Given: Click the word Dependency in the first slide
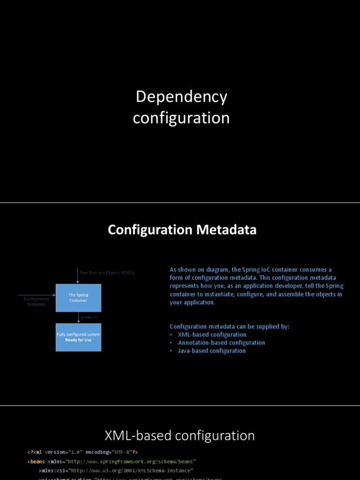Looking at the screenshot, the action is point(181,97).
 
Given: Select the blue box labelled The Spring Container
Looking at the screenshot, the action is point(78,298).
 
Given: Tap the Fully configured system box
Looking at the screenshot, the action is point(78,337).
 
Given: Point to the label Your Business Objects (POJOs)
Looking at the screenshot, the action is point(107,272).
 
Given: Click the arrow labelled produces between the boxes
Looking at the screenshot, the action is point(78,318).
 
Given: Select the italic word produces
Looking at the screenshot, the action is point(89,317).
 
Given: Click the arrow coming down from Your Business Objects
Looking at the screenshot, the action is point(78,276).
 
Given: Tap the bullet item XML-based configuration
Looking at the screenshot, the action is point(212,335).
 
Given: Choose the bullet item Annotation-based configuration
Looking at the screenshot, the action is point(221,343).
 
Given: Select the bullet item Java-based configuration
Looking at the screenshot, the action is point(211,351).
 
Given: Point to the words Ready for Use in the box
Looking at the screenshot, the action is point(78,340).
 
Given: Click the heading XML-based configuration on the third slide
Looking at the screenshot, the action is point(180,435).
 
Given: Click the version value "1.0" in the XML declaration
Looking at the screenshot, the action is point(75,452).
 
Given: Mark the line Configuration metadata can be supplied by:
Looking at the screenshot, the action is point(229,326).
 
